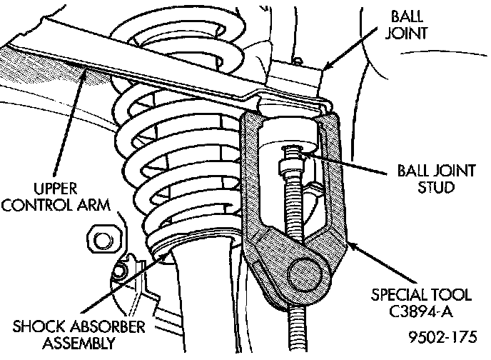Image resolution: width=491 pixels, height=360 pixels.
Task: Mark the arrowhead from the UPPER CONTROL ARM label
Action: [85, 69]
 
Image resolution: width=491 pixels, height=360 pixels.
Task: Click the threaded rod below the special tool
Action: [294, 329]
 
